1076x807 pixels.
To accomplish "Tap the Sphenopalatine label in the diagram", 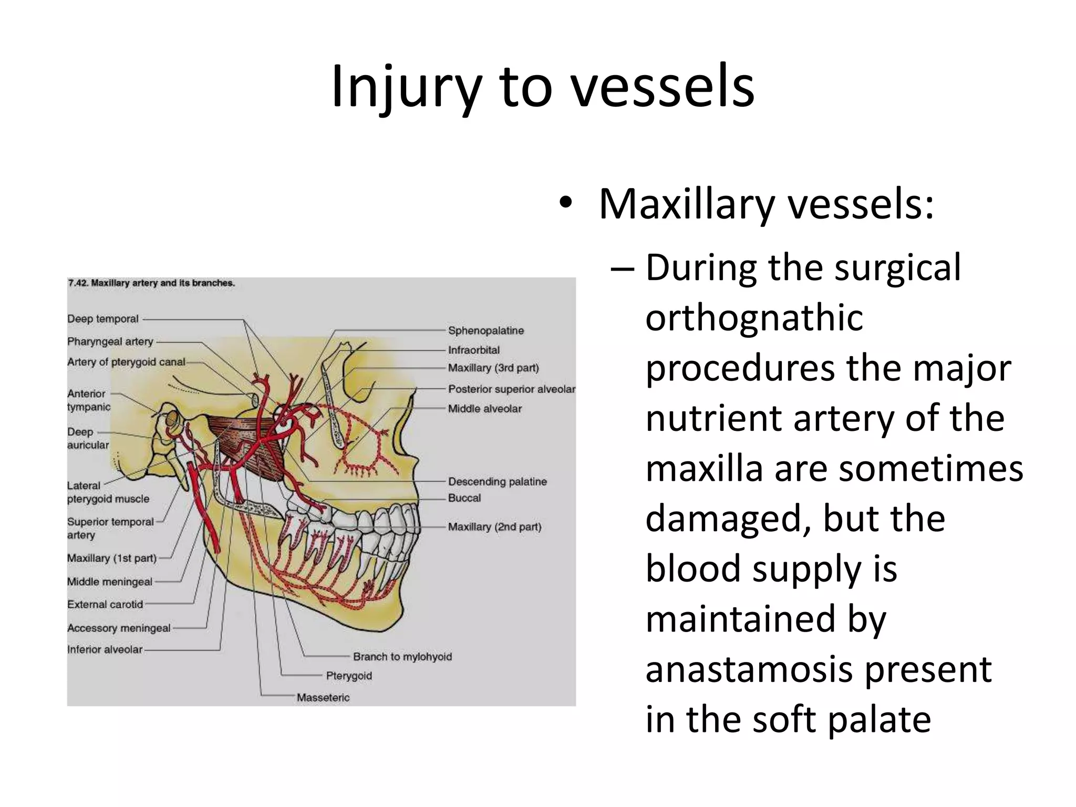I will pyautogui.click(x=486, y=330).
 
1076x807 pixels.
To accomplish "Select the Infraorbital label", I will pyautogui.click(x=473, y=350).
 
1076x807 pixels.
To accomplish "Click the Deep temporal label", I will pyautogui.click(x=103, y=319).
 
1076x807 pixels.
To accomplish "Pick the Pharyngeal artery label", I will pyautogui.click(x=110, y=342).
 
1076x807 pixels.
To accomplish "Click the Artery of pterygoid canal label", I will pyautogui.click(x=126, y=362).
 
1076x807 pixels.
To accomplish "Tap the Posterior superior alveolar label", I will pyautogui.click(x=511, y=389).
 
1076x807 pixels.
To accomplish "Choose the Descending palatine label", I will pyautogui.click(x=497, y=481).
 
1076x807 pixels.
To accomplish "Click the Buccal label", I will pyautogui.click(x=464, y=498).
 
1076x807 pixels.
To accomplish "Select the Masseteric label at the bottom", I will pyautogui.click(x=323, y=698).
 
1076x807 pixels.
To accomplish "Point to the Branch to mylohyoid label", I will pyautogui.click(x=402, y=657).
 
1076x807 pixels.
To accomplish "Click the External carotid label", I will pyautogui.click(x=105, y=605).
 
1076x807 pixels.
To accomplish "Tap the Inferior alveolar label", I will pyautogui.click(x=105, y=649).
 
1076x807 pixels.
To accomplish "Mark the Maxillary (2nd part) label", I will pyautogui.click(x=494, y=527).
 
